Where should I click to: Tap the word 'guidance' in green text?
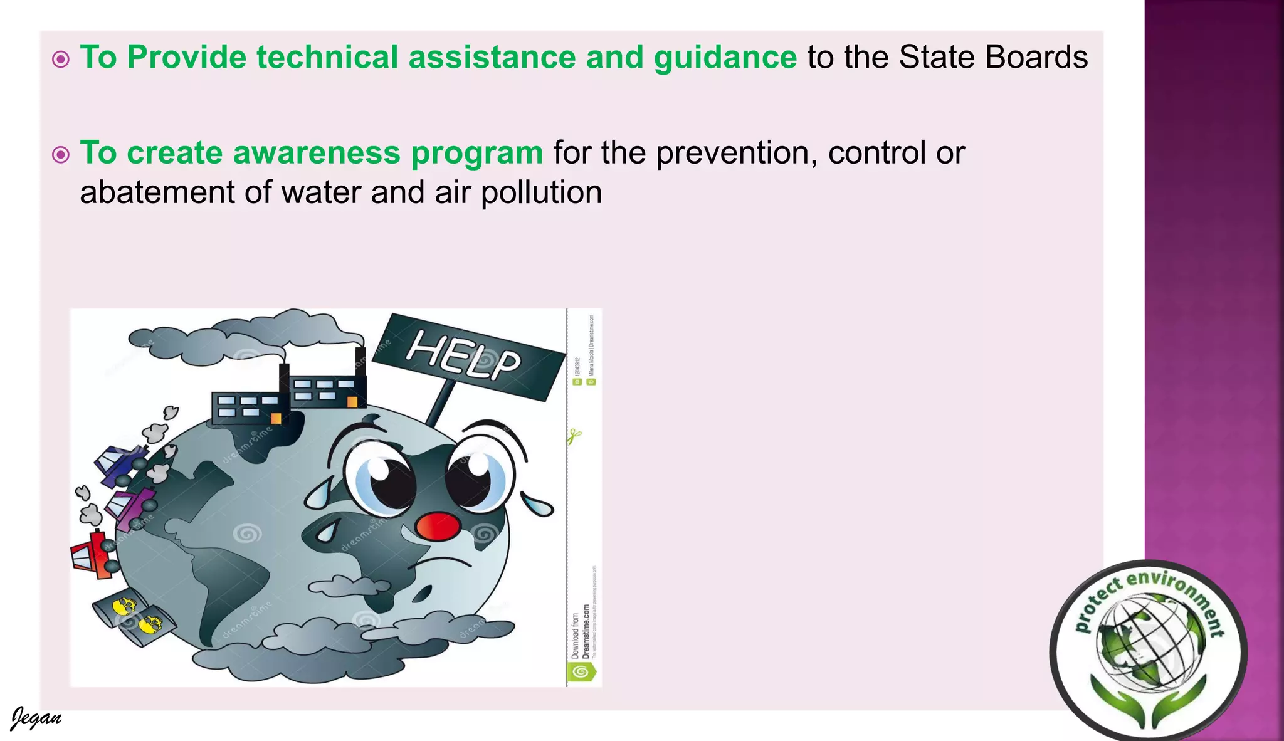point(725,58)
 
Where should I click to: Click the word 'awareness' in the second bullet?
point(317,153)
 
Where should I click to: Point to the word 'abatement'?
point(157,192)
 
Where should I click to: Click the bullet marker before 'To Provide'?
point(61,60)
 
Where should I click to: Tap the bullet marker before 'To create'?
point(61,154)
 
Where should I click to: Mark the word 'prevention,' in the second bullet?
point(737,153)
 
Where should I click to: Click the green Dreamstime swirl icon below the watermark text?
point(581,672)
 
